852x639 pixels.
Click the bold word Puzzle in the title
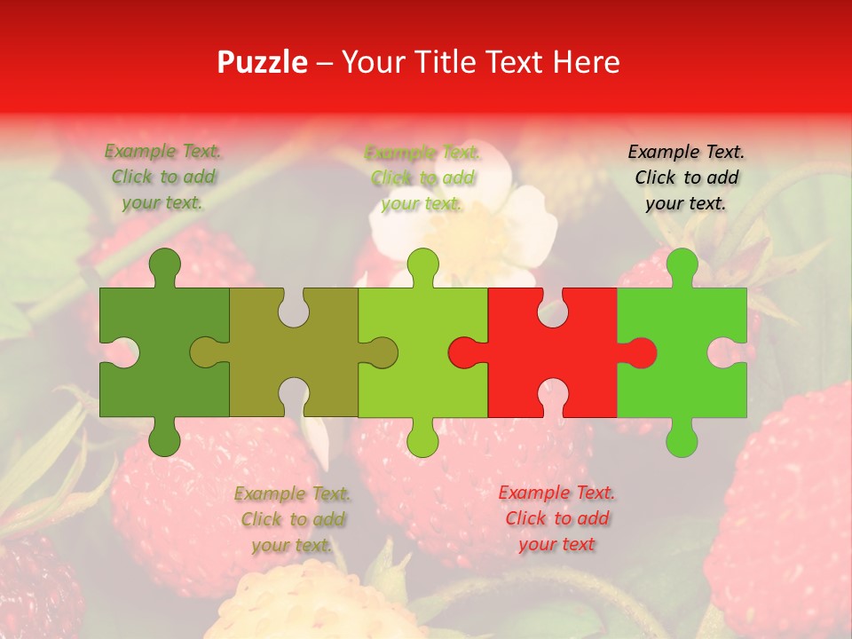263,62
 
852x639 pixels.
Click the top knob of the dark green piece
164,264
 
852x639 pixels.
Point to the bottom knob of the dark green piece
164,440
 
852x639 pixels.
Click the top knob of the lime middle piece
423,264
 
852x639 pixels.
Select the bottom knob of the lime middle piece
423,440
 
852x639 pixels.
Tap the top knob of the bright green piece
682,264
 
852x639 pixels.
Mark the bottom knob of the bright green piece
682,440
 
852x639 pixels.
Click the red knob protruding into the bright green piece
641,353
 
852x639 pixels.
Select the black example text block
686,177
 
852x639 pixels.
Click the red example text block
556,518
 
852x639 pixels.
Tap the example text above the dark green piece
163,177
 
